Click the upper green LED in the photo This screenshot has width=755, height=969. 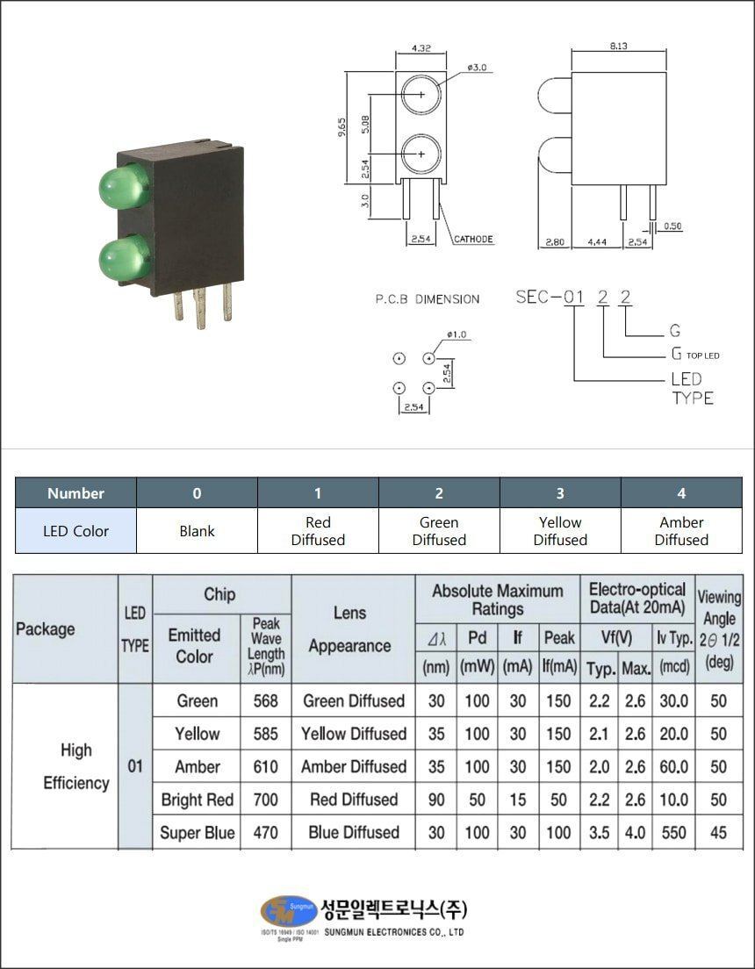click(124, 185)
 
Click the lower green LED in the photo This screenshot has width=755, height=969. click(124, 258)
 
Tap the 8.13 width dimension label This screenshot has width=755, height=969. click(619, 47)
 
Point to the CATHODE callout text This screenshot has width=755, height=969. click(474, 239)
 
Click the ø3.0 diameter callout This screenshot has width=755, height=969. click(477, 67)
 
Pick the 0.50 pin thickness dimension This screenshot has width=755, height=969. click(672, 226)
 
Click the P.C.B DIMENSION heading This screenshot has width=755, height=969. click(428, 299)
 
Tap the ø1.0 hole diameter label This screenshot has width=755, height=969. click(457, 335)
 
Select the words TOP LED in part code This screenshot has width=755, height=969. click(702, 356)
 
